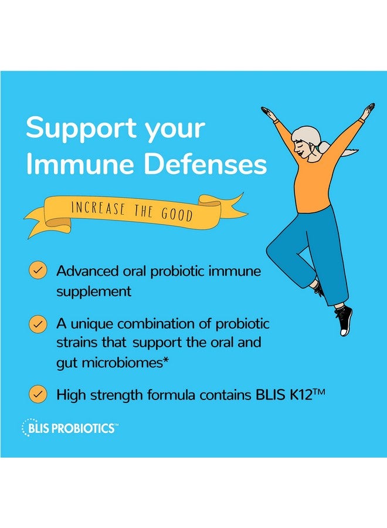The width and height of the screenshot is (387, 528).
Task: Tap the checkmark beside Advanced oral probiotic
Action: click(39, 270)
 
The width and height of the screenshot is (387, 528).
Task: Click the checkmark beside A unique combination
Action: click(39, 324)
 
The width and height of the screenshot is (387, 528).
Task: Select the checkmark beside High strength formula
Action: click(39, 394)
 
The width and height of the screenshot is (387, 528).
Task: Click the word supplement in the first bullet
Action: click(94, 292)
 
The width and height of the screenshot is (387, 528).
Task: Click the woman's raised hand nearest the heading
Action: click(269, 112)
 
